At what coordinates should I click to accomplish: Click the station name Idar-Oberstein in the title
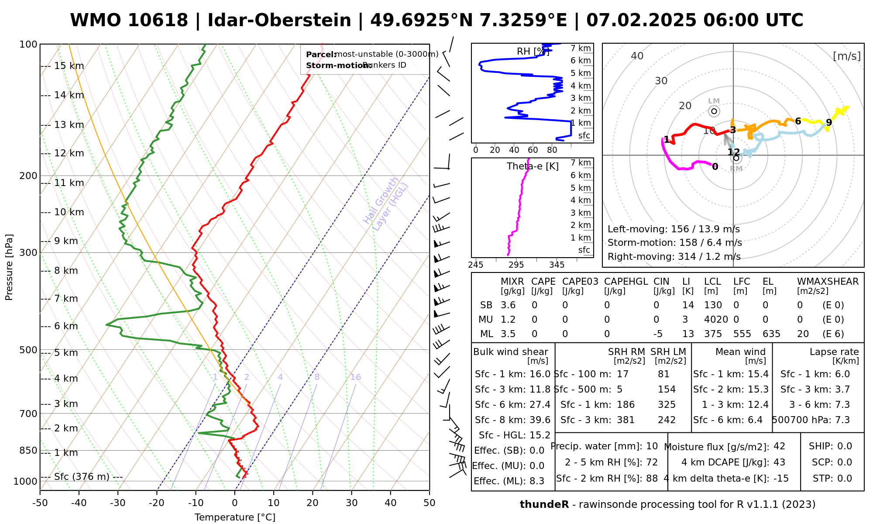click(x=279, y=21)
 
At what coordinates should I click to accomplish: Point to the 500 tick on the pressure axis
click(x=28, y=350)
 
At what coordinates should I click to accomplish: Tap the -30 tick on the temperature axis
click(x=118, y=503)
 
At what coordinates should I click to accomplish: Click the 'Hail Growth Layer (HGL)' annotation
click(x=386, y=205)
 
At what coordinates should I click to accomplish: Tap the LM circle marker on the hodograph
click(x=714, y=111)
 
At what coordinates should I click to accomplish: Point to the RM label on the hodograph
click(x=736, y=169)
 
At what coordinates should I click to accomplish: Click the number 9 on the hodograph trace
click(x=829, y=123)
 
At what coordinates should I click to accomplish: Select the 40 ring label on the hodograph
click(x=637, y=56)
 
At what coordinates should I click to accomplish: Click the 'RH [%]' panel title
click(x=533, y=52)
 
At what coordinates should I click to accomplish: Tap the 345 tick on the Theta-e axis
click(x=557, y=265)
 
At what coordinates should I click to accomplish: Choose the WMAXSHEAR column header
click(x=828, y=282)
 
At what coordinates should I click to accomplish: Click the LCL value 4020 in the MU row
click(x=716, y=320)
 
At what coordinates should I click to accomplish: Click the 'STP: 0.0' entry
click(x=832, y=479)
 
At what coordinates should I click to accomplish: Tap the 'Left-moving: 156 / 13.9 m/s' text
click(x=674, y=229)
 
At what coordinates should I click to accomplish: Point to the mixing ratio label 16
click(x=355, y=377)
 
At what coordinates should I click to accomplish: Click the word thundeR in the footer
click(x=544, y=505)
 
